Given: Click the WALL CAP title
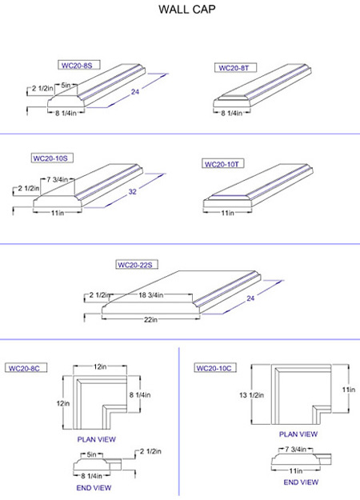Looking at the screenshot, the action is (187, 9).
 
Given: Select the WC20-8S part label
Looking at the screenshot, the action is (77, 66).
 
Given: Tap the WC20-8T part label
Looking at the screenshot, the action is (234, 68).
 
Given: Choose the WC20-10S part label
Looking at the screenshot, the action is (50, 158).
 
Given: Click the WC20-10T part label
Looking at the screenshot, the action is (222, 164).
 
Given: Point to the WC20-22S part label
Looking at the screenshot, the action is (135, 265).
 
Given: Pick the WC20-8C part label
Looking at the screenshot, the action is (24, 368).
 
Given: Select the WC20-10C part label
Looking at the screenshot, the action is (214, 368).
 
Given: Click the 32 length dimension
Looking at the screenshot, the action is (132, 192).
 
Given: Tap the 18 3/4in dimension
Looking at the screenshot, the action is (151, 295).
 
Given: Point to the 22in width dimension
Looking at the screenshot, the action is (150, 319).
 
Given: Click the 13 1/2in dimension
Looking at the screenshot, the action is (251, 395).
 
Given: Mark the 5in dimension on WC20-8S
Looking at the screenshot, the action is (66, 85).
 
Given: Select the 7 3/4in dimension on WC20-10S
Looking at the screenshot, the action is (58, 180).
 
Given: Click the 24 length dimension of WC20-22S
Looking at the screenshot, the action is (250, 298).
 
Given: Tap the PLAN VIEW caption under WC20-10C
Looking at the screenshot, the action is (298, 434).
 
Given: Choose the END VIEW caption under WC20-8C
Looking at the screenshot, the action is (94, 488).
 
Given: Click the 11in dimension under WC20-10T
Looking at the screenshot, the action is (228, 213).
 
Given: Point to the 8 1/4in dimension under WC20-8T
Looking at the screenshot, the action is (232, 113).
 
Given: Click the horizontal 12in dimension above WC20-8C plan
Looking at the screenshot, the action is (100, 366).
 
